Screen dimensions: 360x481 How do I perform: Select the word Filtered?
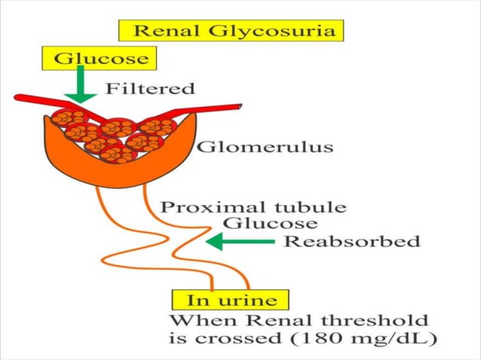(150, 89)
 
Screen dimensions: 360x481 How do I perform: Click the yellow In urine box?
(227, 300)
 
